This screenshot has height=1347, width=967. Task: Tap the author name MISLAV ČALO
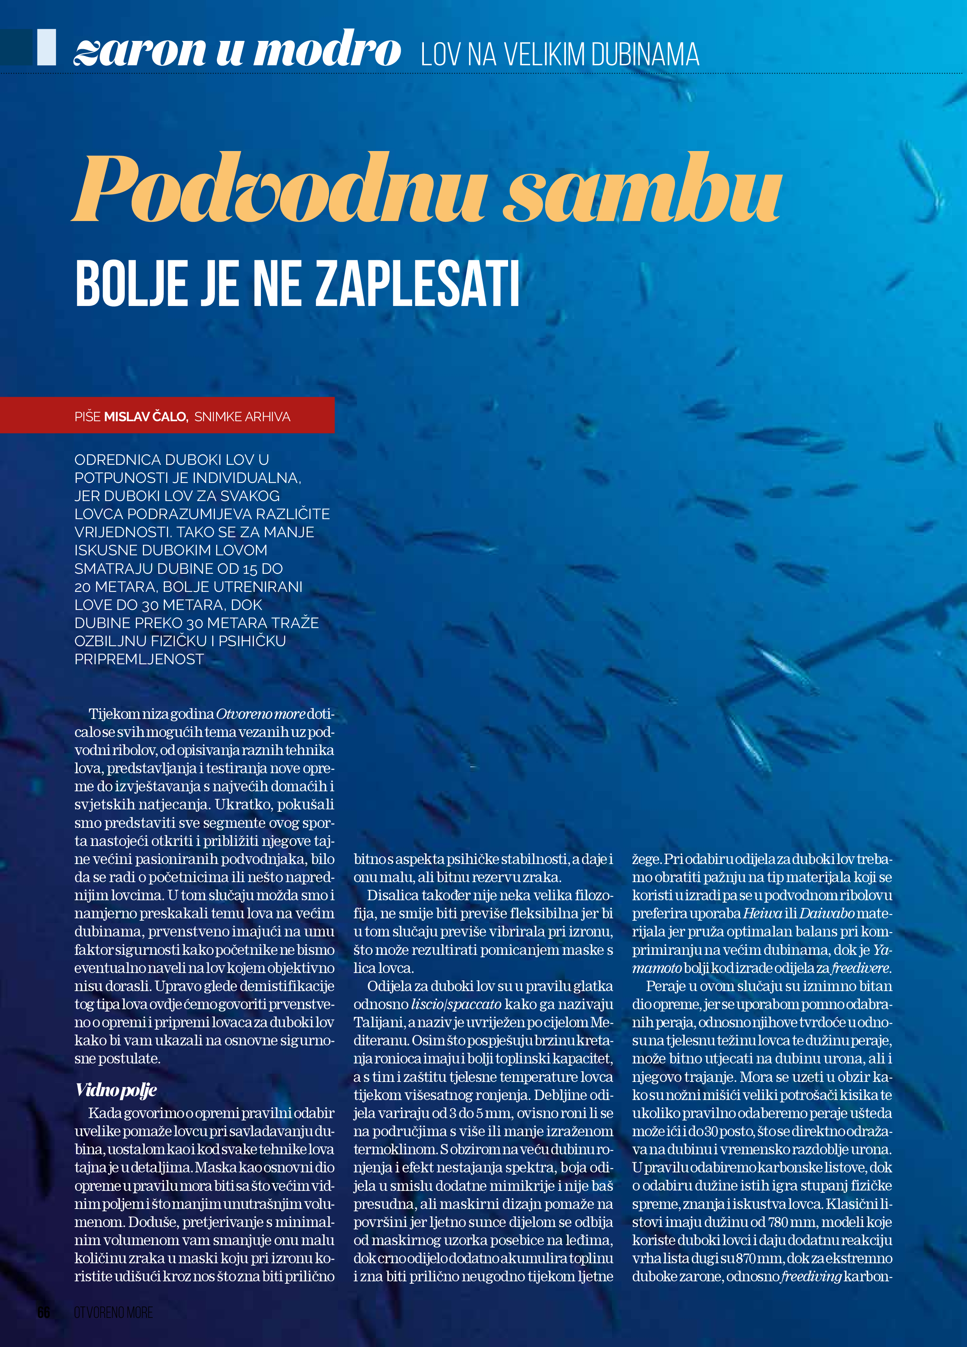(x=146, y=417)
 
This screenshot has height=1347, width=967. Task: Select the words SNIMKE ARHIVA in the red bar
(x=242, y=417)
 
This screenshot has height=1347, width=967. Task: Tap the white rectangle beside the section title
(x=46, y=48)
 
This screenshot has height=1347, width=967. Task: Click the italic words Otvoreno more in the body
(x=260, y=714)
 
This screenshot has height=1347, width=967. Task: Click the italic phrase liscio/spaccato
(x=456, y=1004)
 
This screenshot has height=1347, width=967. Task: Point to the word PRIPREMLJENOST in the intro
(x=139, y=659)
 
